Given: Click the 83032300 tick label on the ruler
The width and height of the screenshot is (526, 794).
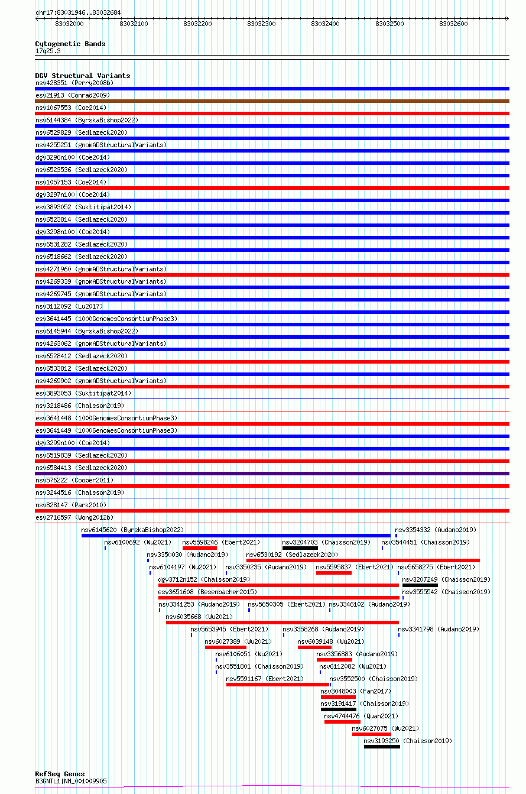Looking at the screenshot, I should pyautogui.click(x=261, y=24).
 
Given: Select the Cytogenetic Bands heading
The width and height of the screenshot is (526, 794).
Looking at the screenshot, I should pyautogui.click(x=70, y=44).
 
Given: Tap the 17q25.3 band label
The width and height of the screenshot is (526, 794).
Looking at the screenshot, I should pyautogui.click(x=48, y=51).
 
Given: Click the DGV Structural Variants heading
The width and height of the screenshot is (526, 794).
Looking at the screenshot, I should pyautogui.click(x=83, y=76).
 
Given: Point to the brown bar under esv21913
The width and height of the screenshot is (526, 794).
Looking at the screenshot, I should pyautogui.click(x=272, y=101).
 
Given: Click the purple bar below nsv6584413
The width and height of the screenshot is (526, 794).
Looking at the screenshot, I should pyautogui.click(x=272, y=474).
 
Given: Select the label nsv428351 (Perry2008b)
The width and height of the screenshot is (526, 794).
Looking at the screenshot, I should pyautogui.click(x=74, y=83).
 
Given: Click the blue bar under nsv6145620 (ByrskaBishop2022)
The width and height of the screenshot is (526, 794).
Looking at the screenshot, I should pyautogui.click(x=236, y=536).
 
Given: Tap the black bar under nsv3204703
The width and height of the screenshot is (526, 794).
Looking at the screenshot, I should pyautogui.click(x=300, y=548).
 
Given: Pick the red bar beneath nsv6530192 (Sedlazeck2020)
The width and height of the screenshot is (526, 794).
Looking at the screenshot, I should pyautogui.click(x=363, y=560).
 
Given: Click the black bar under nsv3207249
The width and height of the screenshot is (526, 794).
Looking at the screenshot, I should pyautogui.click(x=420, y=585).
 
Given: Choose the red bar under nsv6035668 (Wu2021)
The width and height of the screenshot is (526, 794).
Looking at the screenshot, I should pyautogui.click(x=283, y=623).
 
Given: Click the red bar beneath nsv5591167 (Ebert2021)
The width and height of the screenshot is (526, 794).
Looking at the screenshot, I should pyautogui.click(x=278, y=685).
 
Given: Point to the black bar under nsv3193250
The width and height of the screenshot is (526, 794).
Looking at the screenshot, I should pyautogui.click(x=382, y=747).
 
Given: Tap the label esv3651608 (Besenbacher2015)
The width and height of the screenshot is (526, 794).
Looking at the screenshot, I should pyautogui.click(x=207, y=592).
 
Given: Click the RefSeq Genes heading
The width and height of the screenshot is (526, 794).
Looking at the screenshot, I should pyautogui.click(x=60, y=774).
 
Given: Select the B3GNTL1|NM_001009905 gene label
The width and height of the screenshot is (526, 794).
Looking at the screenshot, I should pyautogui.click(x=71, y=781).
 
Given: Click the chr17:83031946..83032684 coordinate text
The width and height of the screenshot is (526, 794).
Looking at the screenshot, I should pyautogui.click(x=78, y=12).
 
